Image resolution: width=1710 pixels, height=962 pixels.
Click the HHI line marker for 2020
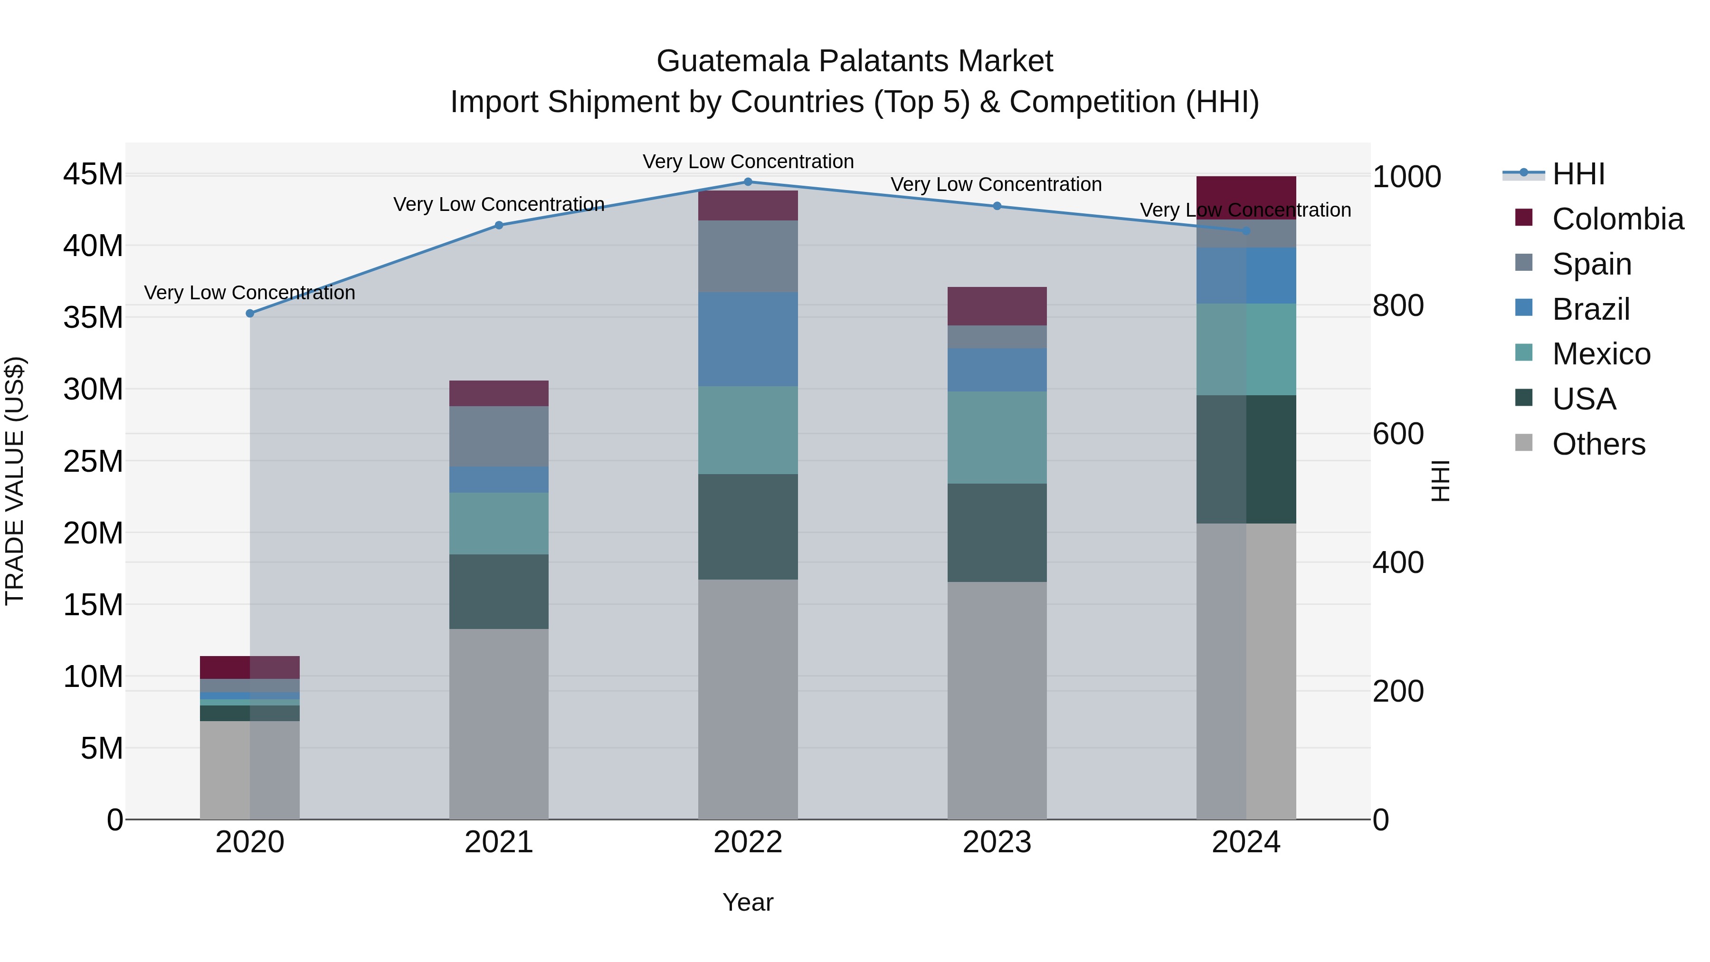tap(249, 314)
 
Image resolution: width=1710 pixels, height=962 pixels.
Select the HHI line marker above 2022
tap(748, 182)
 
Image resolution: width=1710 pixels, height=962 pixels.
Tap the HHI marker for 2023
tap(997, 207)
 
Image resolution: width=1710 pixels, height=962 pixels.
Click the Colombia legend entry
tap(1617, 219)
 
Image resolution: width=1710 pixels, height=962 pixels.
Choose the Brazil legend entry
tap(1590, 309)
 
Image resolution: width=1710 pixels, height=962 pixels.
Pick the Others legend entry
tap(1598, 444)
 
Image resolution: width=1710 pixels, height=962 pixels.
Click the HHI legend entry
tap(1578, 174)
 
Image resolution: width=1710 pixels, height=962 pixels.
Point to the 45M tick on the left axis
tap(93, 175)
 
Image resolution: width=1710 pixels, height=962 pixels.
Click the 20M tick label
tap(93, 533)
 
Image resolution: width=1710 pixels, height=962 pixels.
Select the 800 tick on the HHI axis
tap(1398, 306)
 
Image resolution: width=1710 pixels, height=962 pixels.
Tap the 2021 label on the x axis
tap(499, 842)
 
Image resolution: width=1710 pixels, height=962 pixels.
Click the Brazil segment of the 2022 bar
tap(748, 339)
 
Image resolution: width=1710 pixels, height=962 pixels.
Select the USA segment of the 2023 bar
tap(997, 533)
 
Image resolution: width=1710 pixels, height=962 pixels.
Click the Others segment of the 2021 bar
tap(499, 724)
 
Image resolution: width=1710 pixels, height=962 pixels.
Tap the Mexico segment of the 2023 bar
tap(997, 438)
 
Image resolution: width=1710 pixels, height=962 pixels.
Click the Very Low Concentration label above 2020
tap(249, 293)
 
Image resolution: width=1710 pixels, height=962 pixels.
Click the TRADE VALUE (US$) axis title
tap(15, 481)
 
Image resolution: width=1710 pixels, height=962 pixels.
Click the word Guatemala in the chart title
tap(733, 61)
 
